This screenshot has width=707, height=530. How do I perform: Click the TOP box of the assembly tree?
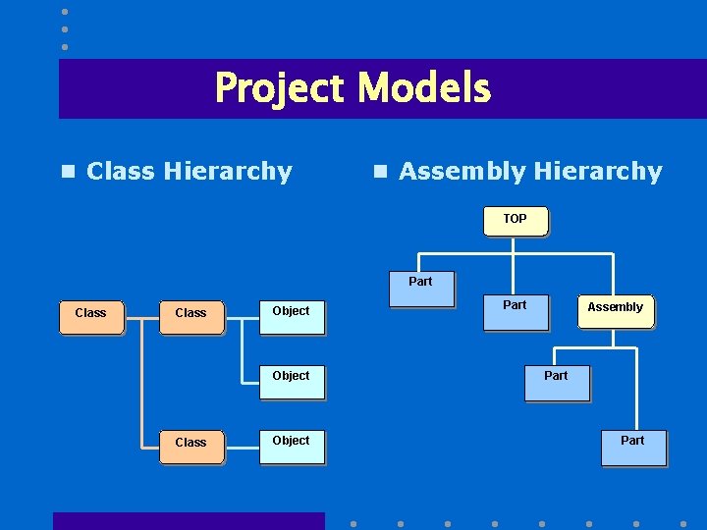click(516, 220)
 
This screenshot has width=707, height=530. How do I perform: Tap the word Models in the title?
click(424, 88)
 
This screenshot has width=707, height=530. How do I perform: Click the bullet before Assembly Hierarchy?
click(379, 172)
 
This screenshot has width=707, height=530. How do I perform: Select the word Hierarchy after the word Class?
click(228, 172)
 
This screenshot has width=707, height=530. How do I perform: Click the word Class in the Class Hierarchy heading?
click(121, 172)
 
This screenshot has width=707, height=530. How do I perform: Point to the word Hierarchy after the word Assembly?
click(598, 172)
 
